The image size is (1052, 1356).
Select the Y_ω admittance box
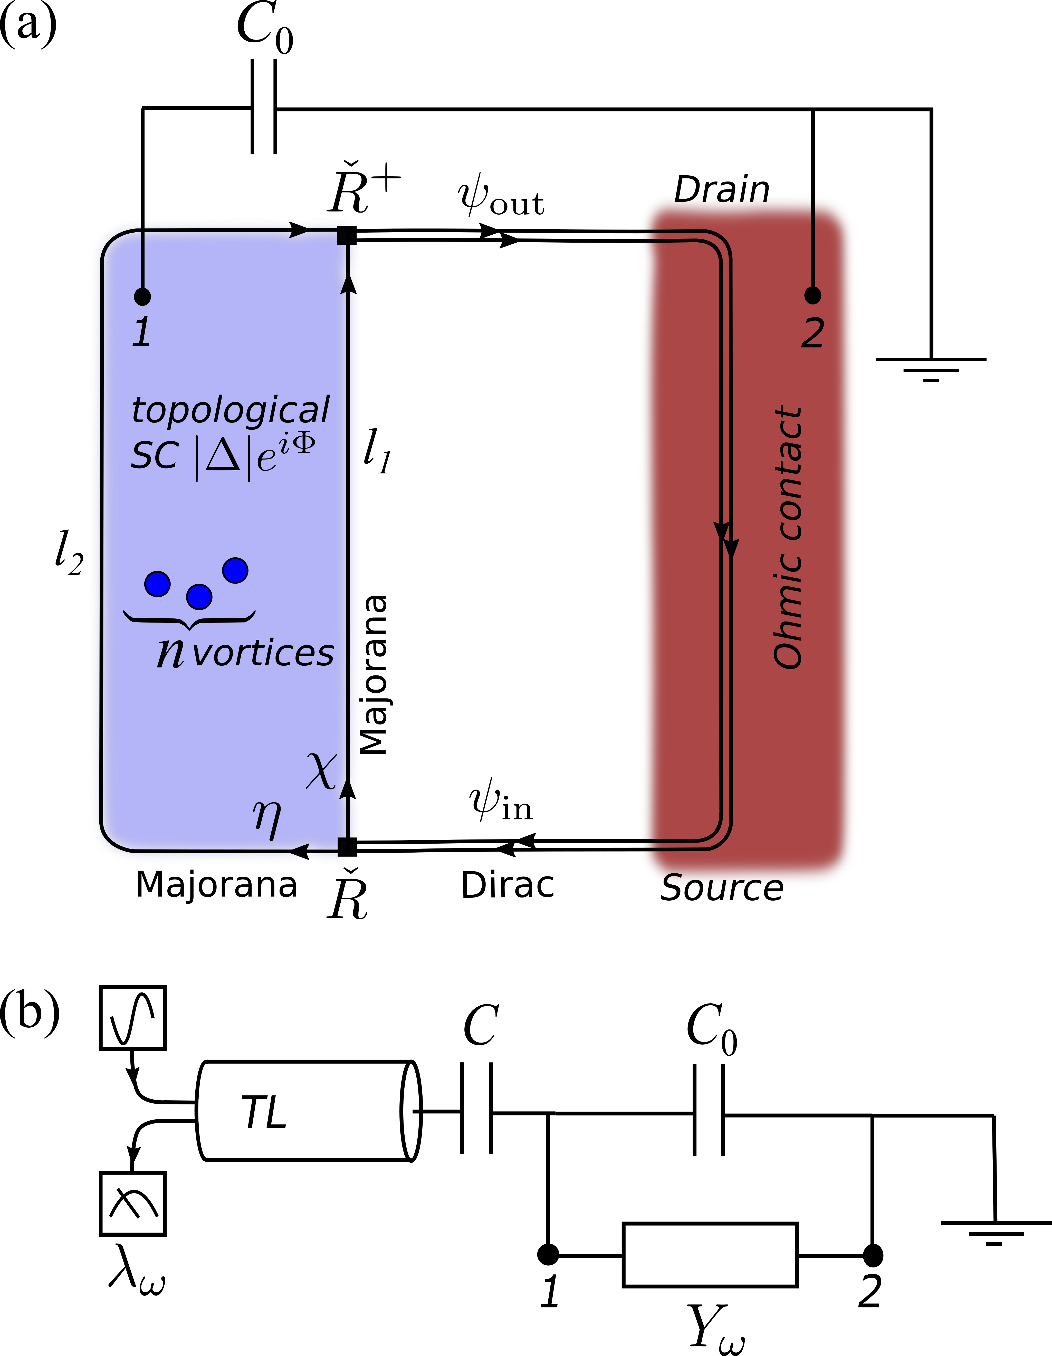click(x=710, y=1255)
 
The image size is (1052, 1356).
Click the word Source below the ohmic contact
click(x=722, y=888)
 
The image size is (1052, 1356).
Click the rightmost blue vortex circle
click(x=235, y=570)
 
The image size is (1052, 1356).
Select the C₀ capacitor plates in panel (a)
click(x=263, y=107)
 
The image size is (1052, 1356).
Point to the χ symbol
click(x=322, y=771)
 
